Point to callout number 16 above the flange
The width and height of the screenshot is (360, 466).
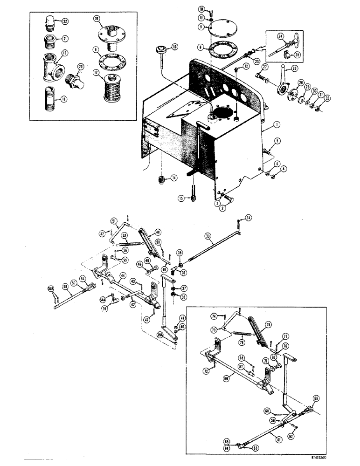[96, 19]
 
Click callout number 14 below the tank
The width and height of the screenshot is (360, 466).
[174, 178]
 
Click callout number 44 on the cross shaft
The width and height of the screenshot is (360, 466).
[122, 276]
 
